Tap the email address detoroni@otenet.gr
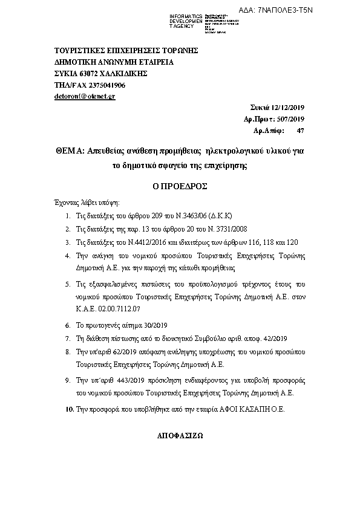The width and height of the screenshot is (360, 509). pyautogui.click(x=84, y=96)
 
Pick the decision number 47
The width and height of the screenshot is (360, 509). pyautogui.click(x=301, y=130)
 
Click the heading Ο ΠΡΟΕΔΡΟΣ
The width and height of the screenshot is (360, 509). pyautogui.click(x=180, y=187)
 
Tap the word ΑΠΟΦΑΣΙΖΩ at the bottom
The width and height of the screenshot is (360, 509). pyautogui.click(x=180, y=435)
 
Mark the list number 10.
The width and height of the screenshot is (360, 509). pyautogui.click(x=68, y=409)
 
